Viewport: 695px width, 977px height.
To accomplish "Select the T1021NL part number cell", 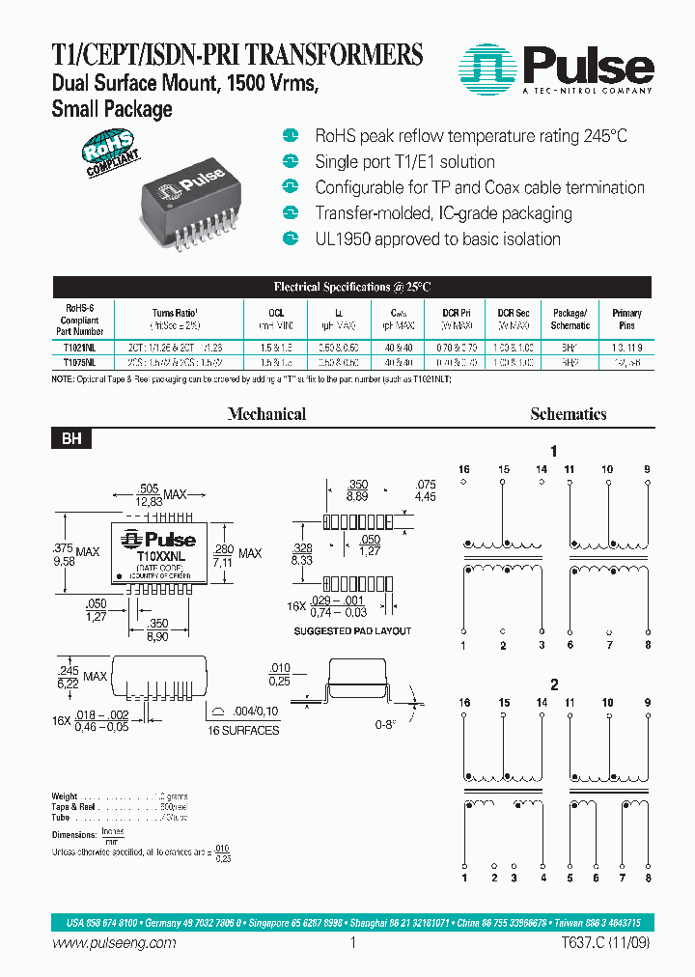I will (x=79, y=344).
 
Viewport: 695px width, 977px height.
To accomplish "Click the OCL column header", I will (x=276, y=313).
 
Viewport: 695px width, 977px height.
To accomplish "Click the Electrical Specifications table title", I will (x=351, y=287).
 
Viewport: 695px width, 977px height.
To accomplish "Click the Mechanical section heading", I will (x=266, y=414).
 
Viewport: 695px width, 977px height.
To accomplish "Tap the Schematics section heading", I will (x=568, y=414).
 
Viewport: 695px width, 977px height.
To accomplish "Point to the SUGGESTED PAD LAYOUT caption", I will (x=352, y=630).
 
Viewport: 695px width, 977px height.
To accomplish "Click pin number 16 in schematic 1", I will (x=464, y=469).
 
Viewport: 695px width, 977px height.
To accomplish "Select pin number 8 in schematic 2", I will (x=648, y=879).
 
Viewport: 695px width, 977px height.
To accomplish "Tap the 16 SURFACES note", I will (x=243, y=730).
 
